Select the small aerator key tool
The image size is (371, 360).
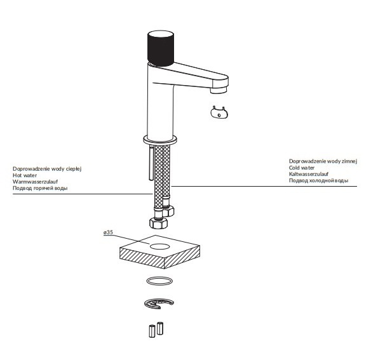tap(220, 113)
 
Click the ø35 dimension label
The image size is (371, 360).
tap(108, 233)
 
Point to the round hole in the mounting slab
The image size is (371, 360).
tap(159, 244)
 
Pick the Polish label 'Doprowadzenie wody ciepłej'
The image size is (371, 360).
tap(48, 168)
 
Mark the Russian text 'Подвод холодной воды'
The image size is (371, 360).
tap(318, 182)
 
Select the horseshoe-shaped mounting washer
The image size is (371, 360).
tap(158, 305)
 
